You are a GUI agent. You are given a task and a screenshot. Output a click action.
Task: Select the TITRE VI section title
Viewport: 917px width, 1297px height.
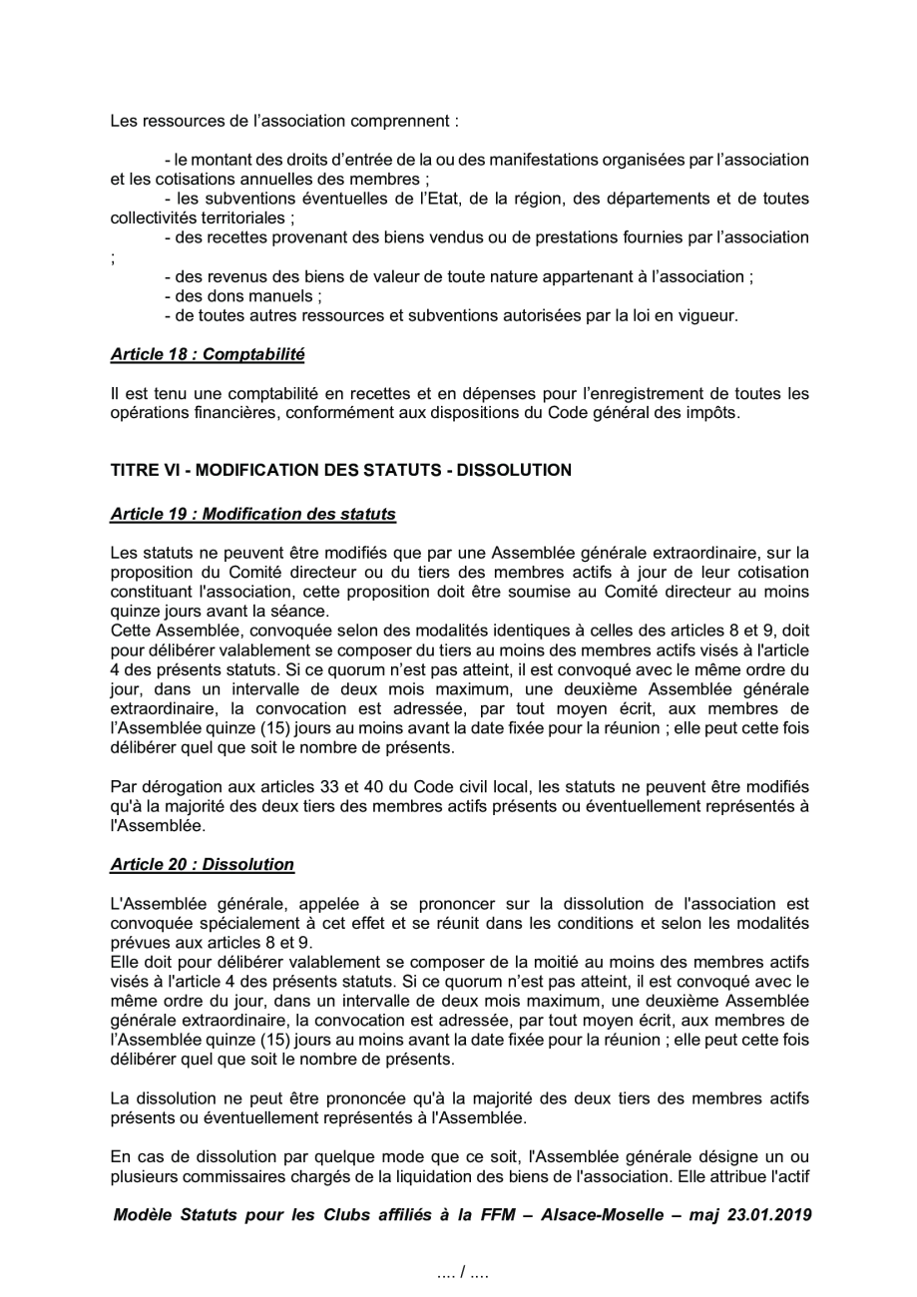coord(340,470)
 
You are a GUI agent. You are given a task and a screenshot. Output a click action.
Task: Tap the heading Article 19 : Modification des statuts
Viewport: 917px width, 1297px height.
coord(252,514)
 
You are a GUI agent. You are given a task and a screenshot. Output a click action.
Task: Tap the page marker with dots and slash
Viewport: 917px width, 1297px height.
coord(462,1274)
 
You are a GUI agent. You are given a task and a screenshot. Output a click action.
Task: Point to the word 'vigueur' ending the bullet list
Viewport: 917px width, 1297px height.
coord(710,316)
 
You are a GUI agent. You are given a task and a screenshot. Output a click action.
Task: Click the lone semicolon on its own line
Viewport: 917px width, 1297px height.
coord(113,257)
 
